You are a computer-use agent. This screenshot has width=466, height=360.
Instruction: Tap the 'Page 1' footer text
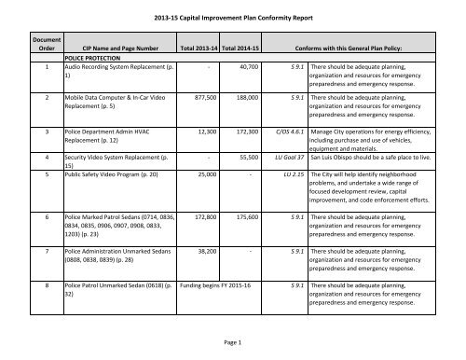click(232, 343)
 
